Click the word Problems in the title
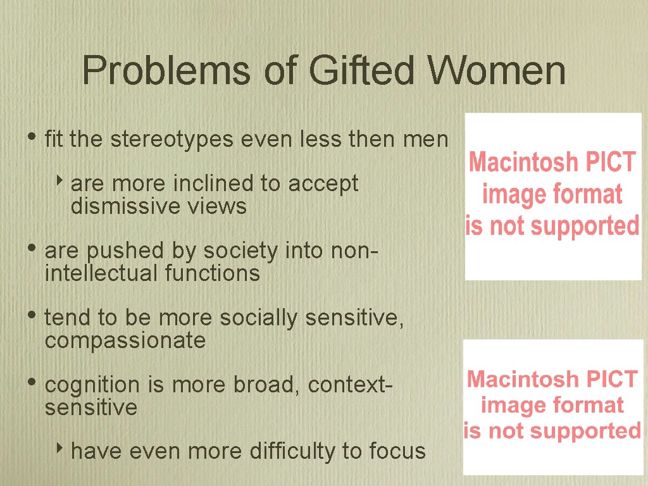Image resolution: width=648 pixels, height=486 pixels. coord(166,71)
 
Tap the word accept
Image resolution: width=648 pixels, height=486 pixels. coord(323,184)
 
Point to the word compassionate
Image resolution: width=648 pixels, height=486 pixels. coord(125,340)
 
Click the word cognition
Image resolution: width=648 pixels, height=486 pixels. coord(92,385)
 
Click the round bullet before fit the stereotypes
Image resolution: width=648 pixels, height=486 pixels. coord(32,138)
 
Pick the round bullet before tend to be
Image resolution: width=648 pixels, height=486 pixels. coord(32,316)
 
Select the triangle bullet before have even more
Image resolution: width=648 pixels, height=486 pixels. coord(59,450)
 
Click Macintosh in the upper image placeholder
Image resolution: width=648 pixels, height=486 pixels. coord(515,163)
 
